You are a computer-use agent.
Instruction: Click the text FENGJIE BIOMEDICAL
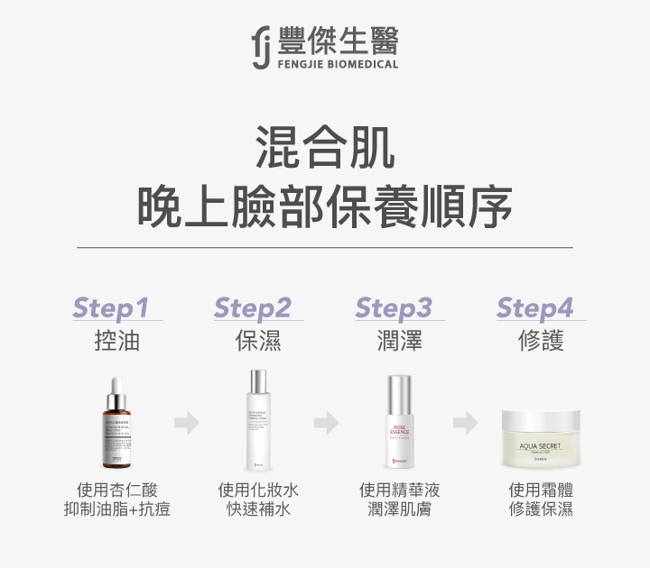[338, 65]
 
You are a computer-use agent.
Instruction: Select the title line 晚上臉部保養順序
[325, 207]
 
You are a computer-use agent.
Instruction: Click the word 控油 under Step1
[116, 341]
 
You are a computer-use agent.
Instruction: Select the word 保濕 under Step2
[258, 341]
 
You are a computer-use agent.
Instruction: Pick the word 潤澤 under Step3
[399, 341]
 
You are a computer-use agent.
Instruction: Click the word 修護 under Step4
[541, 341]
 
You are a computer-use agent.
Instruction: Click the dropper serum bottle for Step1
[116, 421]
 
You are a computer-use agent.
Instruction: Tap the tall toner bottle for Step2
[258, 419]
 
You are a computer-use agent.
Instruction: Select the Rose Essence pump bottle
[399, 421]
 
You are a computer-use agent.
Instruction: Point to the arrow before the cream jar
[467, 422]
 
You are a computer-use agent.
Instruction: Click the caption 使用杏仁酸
[116, 490]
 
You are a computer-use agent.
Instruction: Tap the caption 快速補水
[258, 509]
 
